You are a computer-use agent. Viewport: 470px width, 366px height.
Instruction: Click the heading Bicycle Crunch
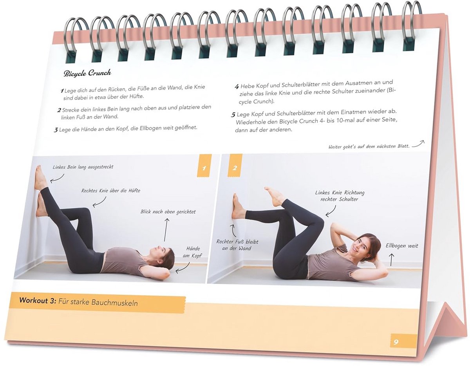(87, 73)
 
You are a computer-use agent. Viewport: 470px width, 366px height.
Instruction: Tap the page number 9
(396, 342)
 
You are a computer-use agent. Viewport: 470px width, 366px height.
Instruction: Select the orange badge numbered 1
(204, 168)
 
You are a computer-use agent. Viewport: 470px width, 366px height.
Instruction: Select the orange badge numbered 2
(235, 168)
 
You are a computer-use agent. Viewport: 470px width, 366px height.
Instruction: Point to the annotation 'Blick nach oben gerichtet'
(168, 212)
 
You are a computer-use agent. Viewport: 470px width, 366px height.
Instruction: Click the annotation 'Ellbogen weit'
(402, 246)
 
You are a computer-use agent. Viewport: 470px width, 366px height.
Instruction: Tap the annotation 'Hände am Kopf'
(193, 252)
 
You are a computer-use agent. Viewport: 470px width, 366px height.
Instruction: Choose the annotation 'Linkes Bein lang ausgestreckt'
(83, 167)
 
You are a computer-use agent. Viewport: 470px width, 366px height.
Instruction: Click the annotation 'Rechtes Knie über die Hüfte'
(111, 191)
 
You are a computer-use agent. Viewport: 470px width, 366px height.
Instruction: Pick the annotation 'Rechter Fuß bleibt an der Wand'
(237, 245)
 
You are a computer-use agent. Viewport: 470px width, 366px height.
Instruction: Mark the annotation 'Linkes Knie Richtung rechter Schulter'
(340, 196)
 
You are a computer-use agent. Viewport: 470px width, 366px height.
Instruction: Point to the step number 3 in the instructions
(56, 130)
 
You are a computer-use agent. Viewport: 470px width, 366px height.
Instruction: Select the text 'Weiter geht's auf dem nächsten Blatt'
(369, 147)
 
